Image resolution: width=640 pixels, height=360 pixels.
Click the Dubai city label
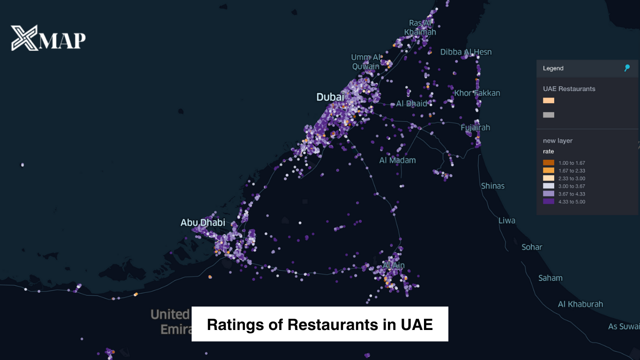coord(330,97)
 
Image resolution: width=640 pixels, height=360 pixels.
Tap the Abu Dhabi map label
coord(203,223)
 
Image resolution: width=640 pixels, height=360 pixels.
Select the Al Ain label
coord(394,265)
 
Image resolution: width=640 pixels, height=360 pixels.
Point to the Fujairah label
coord(475,127)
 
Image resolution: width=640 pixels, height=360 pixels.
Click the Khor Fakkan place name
coord(477,93)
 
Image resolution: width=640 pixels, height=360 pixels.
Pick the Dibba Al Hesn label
coord(466,52)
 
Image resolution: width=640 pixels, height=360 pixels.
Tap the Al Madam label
coord(397,160)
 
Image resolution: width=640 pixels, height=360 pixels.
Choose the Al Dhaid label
coord(412,104)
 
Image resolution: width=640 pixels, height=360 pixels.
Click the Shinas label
coord(493,186)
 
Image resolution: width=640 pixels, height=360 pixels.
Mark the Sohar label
coord(532,247)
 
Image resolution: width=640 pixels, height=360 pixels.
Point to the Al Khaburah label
coord(580,304)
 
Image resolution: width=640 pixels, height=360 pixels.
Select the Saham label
coord(550,278)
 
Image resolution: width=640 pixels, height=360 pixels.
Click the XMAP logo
coord(48,38)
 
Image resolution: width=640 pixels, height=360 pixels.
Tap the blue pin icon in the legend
coord(627,68)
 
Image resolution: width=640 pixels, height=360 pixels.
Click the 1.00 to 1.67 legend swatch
coord(548,163)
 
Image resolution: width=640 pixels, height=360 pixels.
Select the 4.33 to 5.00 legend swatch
coord(548,202)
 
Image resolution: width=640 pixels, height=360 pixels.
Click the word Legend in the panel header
coord(553,68)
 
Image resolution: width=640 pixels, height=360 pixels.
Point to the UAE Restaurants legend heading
coord(569,89)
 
